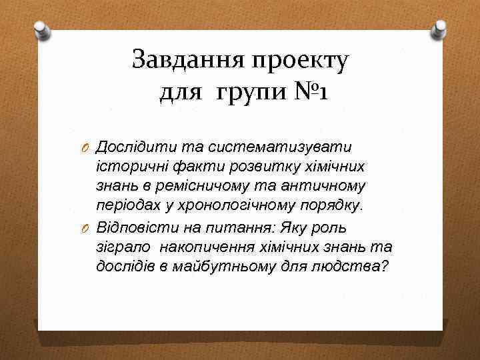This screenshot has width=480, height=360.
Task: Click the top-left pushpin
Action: (42, 29)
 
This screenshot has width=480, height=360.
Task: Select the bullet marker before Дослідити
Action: (86, 147)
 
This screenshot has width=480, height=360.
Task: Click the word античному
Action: (329, 186)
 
